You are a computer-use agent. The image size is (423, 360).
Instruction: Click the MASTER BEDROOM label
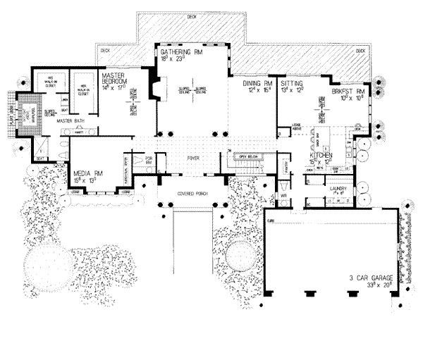coord(112,76)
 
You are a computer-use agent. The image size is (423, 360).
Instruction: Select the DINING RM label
coord(255,84)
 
